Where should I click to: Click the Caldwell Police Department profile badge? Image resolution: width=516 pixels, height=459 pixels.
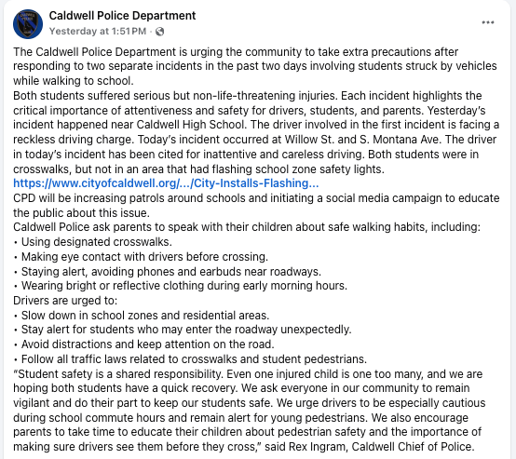click(x=28, y=22)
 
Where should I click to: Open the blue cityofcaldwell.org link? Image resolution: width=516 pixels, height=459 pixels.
click(x=166, y=183)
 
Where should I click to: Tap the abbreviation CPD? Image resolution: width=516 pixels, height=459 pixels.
click(x=25, y=198)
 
